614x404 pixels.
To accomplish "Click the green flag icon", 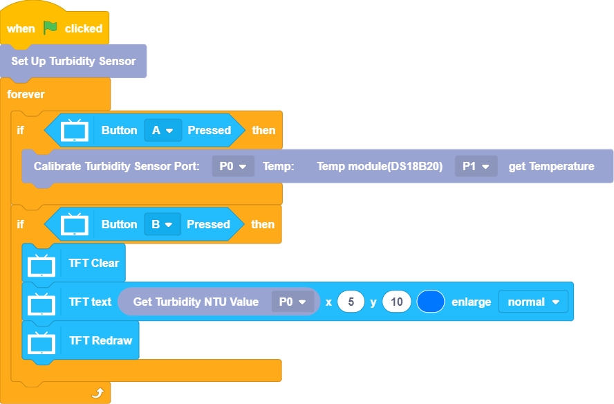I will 50,28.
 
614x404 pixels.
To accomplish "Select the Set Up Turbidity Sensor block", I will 73,61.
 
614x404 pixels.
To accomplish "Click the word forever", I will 26,93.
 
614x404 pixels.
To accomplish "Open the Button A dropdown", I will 162,130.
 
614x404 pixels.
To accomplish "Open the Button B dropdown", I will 162,224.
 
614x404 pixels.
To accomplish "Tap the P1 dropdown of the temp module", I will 476,166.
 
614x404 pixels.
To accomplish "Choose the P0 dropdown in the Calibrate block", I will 233,166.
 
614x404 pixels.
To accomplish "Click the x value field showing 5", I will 351,302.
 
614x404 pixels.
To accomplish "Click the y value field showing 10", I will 396,302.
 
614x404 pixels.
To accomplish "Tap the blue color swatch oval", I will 431,302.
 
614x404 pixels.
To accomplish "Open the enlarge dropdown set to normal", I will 532,302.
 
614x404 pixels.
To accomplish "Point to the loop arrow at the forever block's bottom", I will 97,393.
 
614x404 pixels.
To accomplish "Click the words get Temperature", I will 551,166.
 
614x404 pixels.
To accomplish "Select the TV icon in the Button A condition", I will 75,130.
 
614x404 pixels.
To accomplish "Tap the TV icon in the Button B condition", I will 75,224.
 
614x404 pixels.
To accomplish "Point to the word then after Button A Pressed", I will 263,130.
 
